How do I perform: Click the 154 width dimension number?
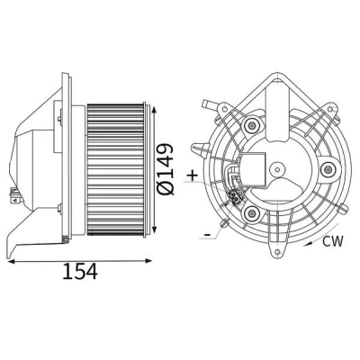80,272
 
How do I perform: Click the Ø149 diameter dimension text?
165,169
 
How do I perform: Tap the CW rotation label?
332,241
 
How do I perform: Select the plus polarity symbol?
193,175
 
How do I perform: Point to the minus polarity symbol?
207,234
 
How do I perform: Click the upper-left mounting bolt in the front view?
251,126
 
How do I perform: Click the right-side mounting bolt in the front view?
328,170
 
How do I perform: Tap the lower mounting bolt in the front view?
251,213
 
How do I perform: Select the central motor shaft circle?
277,170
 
